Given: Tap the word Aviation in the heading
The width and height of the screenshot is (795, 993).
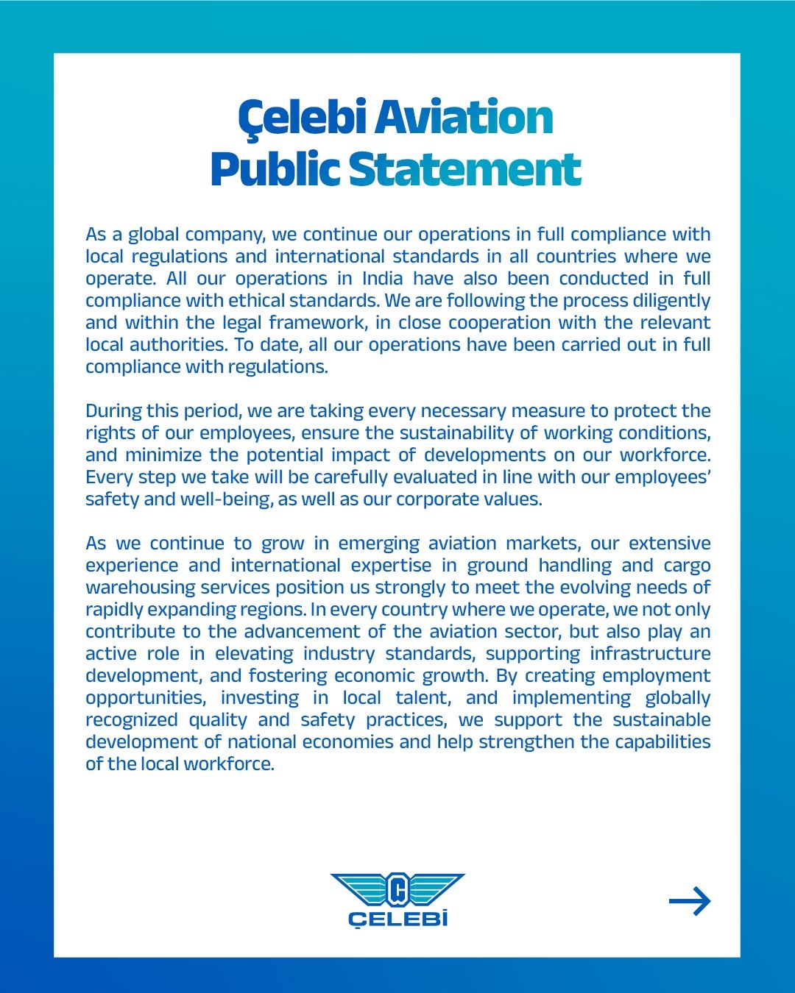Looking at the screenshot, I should (464, 118).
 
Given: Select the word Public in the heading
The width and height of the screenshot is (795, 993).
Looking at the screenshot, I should (275, 169).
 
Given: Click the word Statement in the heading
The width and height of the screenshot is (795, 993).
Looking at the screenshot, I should (464, 169).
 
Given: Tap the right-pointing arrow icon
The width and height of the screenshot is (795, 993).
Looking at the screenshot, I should (690, 901).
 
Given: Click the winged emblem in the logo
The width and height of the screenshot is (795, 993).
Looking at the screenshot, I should (397, 889).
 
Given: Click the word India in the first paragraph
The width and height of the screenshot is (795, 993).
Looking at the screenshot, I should (383, 279).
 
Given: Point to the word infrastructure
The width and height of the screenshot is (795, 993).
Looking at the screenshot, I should (650, 654).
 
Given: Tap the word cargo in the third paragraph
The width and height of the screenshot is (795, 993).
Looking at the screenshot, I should (687, 566).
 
